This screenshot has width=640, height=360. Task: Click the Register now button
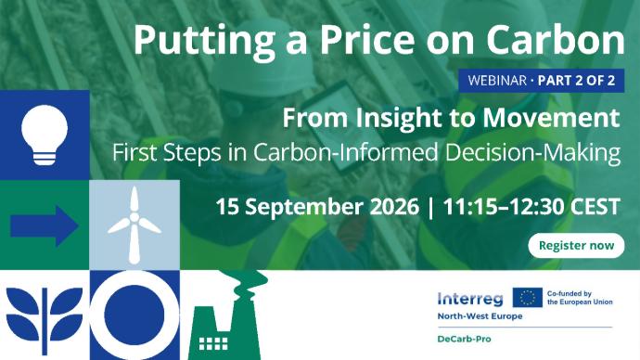tap(576, 245)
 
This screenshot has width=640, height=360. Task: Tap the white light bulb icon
tap(45, 135)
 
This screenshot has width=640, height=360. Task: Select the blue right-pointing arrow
tap(45, 225)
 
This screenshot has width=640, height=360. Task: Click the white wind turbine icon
tap(134, 225)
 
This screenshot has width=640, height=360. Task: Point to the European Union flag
tap(528, 297)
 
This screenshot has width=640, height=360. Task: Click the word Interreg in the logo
tap(470, 299)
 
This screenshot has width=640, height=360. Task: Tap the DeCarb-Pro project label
tap(464, 339)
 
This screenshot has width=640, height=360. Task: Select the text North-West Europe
tap(480, 316)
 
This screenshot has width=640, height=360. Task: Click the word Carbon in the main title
tap(556, 40)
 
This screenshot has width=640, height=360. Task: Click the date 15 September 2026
tap(317, 207)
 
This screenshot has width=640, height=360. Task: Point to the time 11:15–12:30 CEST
tap(531, 207)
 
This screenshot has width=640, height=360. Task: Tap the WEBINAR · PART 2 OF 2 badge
tap(542, 81)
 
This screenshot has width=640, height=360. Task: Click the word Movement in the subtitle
tap(552, 118)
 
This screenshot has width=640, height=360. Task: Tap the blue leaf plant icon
tap(45, 321)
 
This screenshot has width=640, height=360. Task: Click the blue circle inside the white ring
tap(134, 315)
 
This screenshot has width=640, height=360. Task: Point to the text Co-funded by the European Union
tap(580, 298)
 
